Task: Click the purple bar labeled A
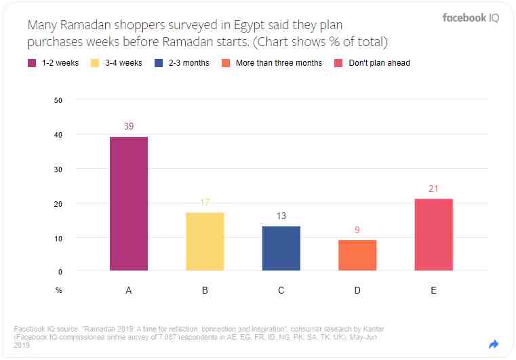point(129,203)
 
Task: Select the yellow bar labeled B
point(205,241)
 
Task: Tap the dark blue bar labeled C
point(281,248)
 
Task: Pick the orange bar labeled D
point(357,255)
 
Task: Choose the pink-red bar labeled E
point(433,235)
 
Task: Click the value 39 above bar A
point(129,126)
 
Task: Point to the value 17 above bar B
point(205,202)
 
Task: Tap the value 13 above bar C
point(281,216)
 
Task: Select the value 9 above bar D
point(357,230)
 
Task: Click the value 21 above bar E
point(433,188)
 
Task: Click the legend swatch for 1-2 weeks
point(32,63)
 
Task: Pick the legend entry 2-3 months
point(190,63)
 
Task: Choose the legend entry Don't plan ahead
point(378,63)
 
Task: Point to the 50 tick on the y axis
point(58,101)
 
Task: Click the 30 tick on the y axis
point(58,169)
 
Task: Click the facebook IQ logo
point(471,18)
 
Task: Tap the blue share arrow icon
point(494,344)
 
